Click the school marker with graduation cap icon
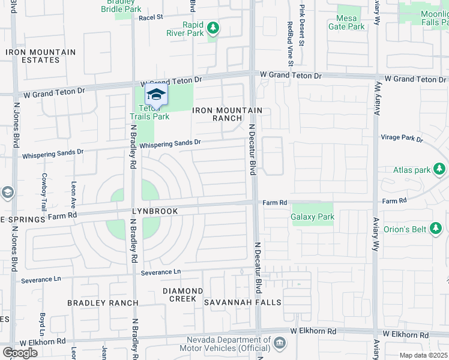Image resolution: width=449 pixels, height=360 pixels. pos(156,95)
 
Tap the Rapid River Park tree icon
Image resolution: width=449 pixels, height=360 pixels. pos(212,28)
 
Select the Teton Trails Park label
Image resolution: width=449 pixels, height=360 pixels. pos(150,112)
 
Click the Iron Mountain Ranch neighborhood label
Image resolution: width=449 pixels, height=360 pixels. pos(228,114)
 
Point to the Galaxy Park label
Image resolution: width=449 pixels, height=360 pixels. pos(312,217)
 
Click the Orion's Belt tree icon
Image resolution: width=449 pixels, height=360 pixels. pos(436,228)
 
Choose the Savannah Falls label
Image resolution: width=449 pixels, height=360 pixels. pos(243,302)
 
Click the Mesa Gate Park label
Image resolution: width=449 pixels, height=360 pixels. pos(347,22)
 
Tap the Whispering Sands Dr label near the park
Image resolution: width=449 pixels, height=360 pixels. pos(170,144)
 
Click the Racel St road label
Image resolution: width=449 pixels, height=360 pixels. pos(151,17)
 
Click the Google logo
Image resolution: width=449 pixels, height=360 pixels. pos(19,352)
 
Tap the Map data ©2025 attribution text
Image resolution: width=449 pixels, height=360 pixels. pos(424,355)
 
